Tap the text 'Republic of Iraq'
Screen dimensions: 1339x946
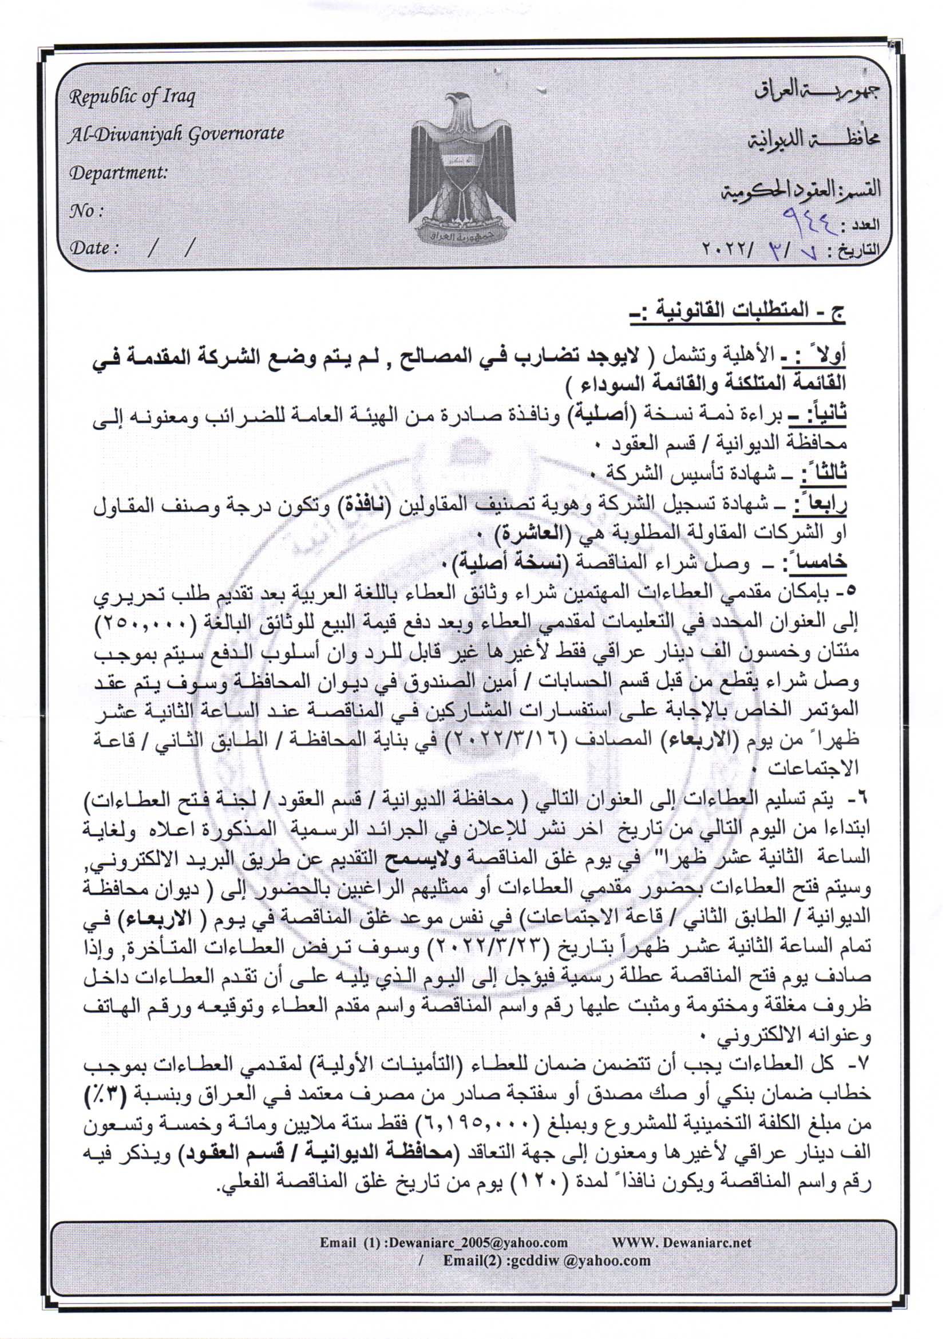132,97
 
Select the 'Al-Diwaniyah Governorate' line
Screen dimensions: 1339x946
176,134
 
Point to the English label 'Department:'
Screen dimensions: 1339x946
118,172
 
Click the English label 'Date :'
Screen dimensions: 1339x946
94,248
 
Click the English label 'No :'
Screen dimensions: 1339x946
86,211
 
